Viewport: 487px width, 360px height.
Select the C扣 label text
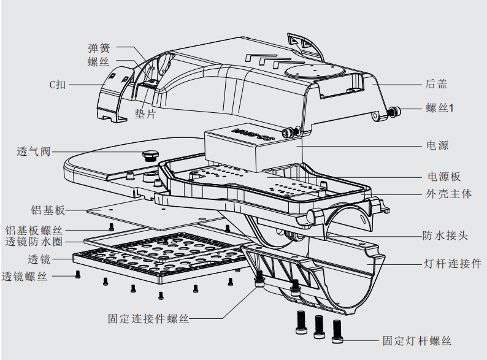click(x=58, y=85)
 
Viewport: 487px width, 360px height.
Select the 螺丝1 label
click(x=440, y=108)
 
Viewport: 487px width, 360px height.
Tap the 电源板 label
click(x=443, y=177)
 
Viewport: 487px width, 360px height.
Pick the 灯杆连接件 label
click(x=453, y=264)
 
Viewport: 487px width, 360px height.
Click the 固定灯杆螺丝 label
click(x=416, y=341)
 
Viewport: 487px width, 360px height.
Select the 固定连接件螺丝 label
click(x=148, y=319)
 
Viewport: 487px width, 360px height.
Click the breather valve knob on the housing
click(x=148, y=153)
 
